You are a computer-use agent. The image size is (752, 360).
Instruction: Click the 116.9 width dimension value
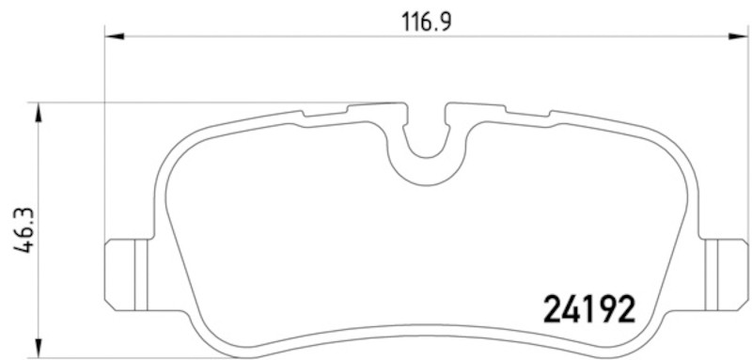point(427,23)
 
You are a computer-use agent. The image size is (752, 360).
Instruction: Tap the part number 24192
point(589,308)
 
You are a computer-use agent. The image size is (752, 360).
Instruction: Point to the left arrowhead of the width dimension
point(114,36)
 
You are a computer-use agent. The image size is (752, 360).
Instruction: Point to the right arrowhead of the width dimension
point(738,36)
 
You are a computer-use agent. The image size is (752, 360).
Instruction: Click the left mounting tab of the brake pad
point(128,274)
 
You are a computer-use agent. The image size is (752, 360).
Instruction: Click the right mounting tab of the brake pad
point(724,274)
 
